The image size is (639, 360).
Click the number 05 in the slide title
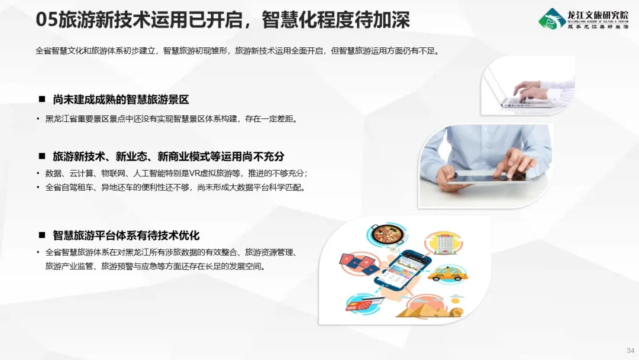click(x=47, y=20)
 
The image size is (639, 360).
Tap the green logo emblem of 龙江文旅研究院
click(x=552, y=19)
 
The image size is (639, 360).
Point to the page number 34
click(x=630, y=350)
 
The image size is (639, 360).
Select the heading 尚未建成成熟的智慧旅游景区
click(x=121, y=99)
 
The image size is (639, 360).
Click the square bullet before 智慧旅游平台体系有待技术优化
click(x=42, y=235)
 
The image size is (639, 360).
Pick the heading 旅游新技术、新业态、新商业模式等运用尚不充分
click(x=168, y=156)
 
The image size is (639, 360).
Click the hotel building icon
click(x=444, y=243)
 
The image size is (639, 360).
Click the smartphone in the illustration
click(x=402, y=269)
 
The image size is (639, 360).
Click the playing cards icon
click(x=357, y=262)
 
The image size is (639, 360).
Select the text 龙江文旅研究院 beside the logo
click(x=598, y=15)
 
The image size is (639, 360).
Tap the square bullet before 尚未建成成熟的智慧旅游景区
click(x=42, y=99)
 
